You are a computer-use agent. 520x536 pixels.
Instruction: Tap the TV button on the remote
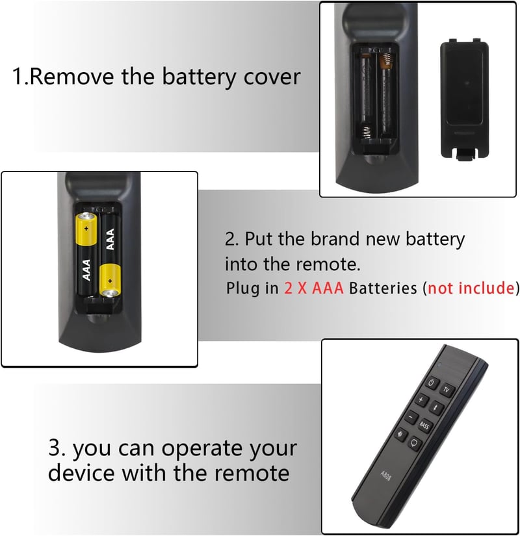click(446, 390)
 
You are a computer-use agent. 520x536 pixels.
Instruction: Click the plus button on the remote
click(421, 400)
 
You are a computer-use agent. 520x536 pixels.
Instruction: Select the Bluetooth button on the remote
click(436, 407)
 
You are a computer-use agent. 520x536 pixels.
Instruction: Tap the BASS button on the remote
click(424, 426)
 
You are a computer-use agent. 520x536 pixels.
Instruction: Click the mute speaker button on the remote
click(400, 435)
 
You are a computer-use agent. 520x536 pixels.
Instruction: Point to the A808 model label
click(385, 475)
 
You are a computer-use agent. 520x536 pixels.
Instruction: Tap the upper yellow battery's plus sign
click(86, 228)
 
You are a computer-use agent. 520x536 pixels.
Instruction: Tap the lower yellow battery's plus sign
click(110, 281)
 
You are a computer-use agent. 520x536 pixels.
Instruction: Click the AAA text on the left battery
click(86, 270)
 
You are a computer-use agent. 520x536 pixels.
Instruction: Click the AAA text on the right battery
click(110, 239)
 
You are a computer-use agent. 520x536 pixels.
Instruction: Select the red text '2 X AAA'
click(314, 288)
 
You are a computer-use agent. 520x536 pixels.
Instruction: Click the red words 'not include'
click(471, 288)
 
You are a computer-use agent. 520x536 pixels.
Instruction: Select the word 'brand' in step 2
click(335, 238)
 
